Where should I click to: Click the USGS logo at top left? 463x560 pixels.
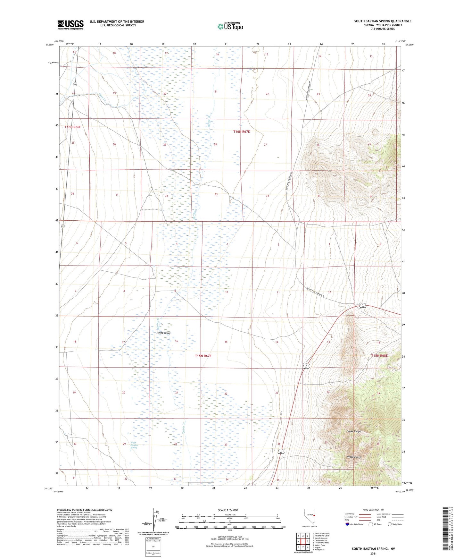pyautogui.click(x=70, y=25)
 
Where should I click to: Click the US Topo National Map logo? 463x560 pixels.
pyautogui.click(x=230, y=26)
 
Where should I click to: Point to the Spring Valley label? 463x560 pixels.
pyautogui.click(x=163, y=333)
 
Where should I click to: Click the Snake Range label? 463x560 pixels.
pyautogui.click(x=354, y=431)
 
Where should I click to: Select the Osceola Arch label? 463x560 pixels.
pyautogui.click(x=354, y=457)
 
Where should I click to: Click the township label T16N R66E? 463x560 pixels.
pyautogui.click(x=73, y=127)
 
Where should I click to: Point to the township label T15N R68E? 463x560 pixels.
pyautogui.click(x=379, y=356)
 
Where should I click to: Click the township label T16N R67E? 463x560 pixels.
pyautogui.click(x=241, y=132)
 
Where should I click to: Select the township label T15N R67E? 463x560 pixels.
pyautogui.click(x=203, y=356)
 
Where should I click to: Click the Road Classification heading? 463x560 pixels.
pyautogui.click(x=373, y=510)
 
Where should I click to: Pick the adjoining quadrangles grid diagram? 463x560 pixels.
pyautogui.click(x=302, y=542)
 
